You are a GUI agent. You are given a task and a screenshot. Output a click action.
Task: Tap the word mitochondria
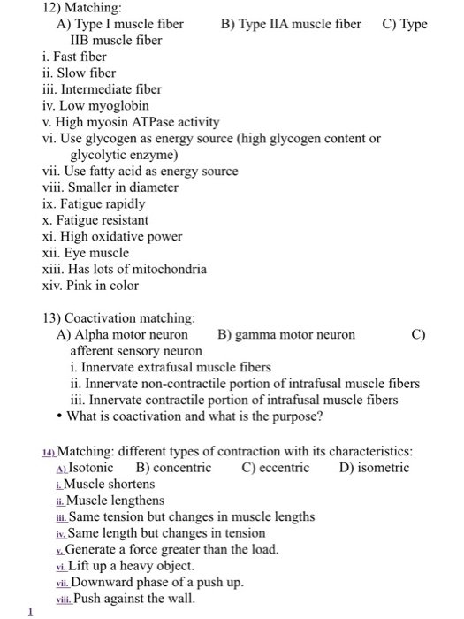(171, 269)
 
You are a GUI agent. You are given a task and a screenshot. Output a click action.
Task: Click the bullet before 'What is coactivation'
(59, 416)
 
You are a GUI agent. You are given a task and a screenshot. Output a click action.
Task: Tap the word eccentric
(282, 468)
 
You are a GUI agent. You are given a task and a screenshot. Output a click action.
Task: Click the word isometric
(383, 468)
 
